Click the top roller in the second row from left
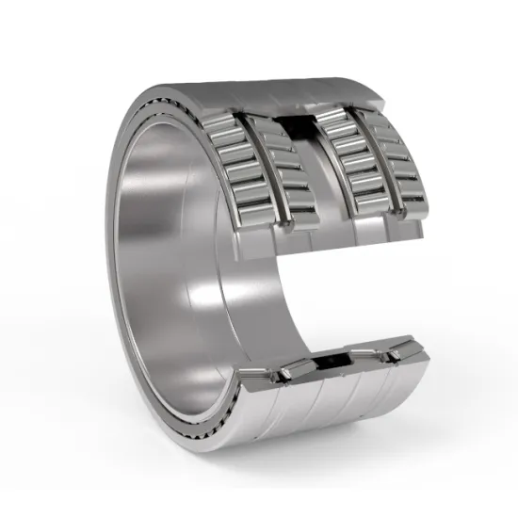tap(269, 131)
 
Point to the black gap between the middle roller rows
tap(299, 127)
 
